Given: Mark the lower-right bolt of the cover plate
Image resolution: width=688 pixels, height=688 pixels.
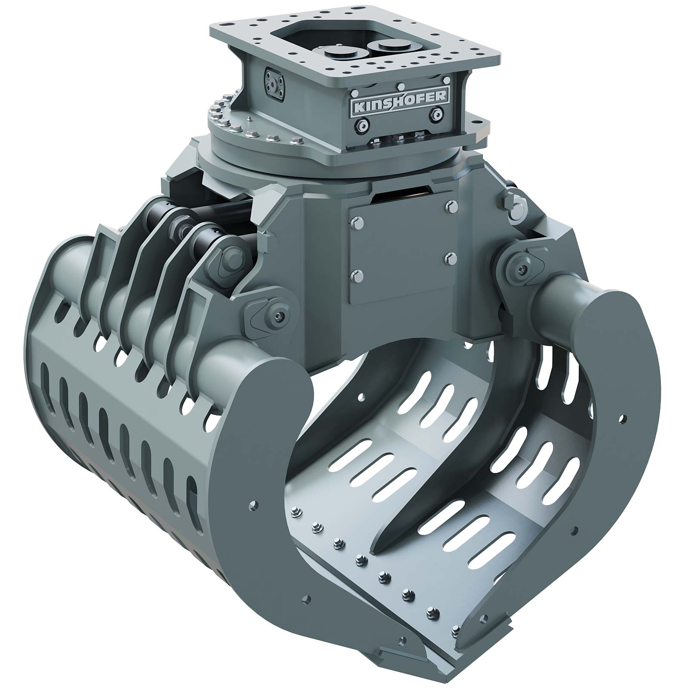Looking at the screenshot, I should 450,258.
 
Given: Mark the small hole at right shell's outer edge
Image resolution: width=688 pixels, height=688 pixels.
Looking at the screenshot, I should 620,418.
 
